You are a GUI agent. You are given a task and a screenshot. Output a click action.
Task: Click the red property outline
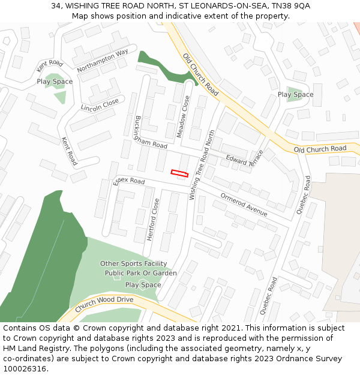[179, 173]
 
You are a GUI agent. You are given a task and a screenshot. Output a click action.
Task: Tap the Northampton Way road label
[103, 61]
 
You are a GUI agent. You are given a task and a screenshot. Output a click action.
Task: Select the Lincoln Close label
[100, 106]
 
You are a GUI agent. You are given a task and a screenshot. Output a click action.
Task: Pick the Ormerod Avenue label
[244, 204]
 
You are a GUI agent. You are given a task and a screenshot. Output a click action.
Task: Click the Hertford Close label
[152, 220]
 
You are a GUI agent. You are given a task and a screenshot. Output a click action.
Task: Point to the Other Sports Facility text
[133, 263]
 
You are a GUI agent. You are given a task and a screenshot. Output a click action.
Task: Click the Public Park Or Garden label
[140, 273]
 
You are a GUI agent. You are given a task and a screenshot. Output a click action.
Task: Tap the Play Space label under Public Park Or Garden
[143, 285]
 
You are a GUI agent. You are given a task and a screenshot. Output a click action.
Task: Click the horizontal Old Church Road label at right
[320, 148]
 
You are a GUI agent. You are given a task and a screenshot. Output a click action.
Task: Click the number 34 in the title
[56, 5]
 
